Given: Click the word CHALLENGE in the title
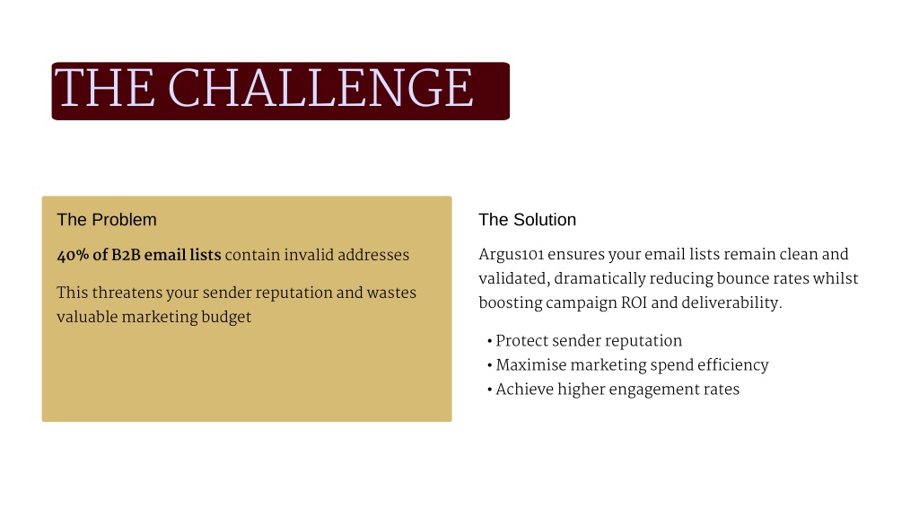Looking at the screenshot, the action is (x=320, y=88).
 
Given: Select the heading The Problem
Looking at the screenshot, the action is (x=107, y=220).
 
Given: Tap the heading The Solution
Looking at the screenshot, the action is (x=527, y=220).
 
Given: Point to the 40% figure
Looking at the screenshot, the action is (x=73, y=255).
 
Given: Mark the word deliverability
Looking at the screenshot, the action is (x=731, y=303).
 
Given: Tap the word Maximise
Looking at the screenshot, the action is (x=531, y=365).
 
